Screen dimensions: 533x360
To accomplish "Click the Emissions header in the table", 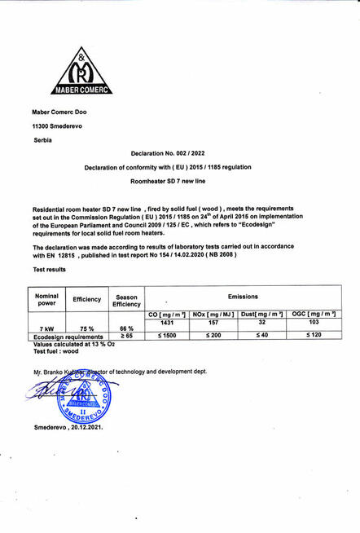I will click(x=242, y=297).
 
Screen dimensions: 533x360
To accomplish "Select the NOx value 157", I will click(x=214, y=322).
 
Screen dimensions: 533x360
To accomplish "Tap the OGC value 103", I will click(x=314, y=322).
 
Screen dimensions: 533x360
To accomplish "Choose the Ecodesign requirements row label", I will click(x=69, y=335).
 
